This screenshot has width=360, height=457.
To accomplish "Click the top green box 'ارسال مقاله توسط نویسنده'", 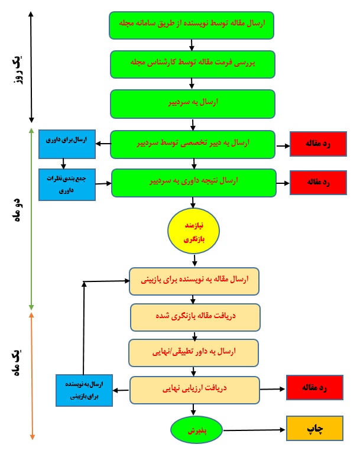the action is click(192, 25).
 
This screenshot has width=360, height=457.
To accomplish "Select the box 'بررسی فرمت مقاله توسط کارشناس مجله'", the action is click(193, 64).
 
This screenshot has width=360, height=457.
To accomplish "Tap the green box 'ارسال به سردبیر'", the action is click(193, 104).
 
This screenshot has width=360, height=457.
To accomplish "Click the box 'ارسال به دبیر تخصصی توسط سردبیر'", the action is click(193, 145).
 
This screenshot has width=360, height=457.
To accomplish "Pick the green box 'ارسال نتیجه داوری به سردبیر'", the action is click(194, 183).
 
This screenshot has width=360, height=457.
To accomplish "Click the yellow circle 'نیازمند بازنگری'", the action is click(193, 231).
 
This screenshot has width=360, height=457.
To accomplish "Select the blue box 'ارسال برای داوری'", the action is click(67, 144).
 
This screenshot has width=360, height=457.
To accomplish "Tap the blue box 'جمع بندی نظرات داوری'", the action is click(67, 185).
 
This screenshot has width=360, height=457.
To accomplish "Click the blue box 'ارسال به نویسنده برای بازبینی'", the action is click(85, 391).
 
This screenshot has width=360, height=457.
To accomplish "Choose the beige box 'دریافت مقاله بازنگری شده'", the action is click(195, 317).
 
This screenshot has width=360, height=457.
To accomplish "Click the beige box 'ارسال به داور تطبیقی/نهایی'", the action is click(193, 353).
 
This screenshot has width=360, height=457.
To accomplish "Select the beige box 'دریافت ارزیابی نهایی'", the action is click(194, 390).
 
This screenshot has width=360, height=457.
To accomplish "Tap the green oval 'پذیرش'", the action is click(196, 430).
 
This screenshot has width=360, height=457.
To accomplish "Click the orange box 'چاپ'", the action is click(315, 428).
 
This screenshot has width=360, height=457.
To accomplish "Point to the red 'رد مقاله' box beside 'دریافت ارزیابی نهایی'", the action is click(315, 388).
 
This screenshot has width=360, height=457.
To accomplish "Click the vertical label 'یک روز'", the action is click(18, 70).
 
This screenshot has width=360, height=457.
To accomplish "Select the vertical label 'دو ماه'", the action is click(18, 210).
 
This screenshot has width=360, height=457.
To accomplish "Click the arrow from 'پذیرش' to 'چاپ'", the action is click(254, 430).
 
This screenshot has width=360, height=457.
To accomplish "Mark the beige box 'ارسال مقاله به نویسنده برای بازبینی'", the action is click(194, 281).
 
